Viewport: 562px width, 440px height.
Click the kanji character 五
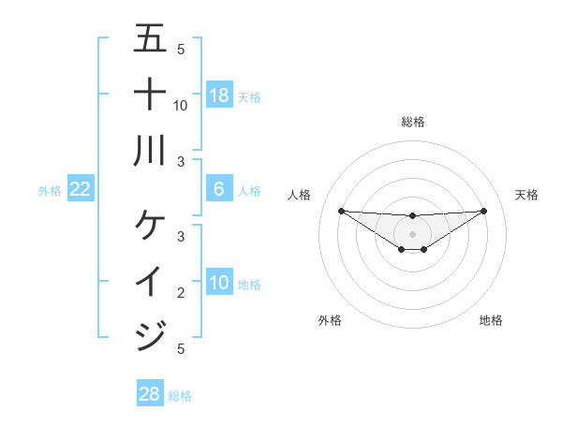(x=150, y=39)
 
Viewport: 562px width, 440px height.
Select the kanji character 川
(x=150, y=150)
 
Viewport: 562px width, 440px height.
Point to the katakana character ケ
(x=150, y=225)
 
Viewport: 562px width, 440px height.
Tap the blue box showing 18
(x=219, y=95)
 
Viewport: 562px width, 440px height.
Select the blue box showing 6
(x=219, y=189)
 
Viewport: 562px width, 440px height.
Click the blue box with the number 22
(x=81, y=190)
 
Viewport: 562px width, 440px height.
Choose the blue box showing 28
(x=150, y=394)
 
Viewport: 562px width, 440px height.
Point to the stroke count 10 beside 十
(x=181, y=106)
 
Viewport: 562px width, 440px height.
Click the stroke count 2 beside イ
(x=181, y=293)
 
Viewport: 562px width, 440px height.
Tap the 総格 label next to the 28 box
(x=180, y=396)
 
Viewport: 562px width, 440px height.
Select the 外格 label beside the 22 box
(x=50, y=191)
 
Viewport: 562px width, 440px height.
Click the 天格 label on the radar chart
(x=527, y=195)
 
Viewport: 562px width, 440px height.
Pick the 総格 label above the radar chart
(x=413, y=122)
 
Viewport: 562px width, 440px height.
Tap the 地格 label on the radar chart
(x=491, y=321)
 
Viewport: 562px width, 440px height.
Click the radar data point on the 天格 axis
(x=484, y=211)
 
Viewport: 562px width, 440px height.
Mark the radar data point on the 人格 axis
(x=341, y=211)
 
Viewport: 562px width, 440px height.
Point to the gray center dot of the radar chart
(x=413, y=233)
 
